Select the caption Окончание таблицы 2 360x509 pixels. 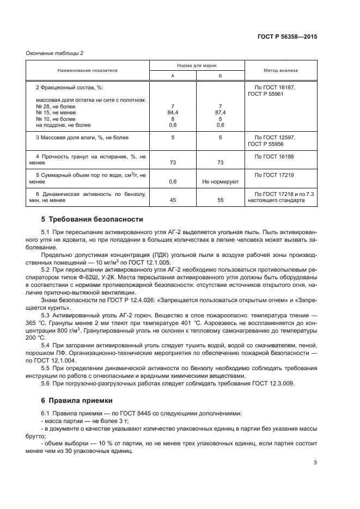(54, 53)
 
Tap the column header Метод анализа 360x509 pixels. (280, 71)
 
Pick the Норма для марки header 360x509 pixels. (197, 65)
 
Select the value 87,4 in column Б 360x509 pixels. (220, 112)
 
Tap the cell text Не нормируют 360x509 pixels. (220, 181)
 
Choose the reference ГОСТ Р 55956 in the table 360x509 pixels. (271, 144)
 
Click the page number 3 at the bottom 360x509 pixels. (315, 463)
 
